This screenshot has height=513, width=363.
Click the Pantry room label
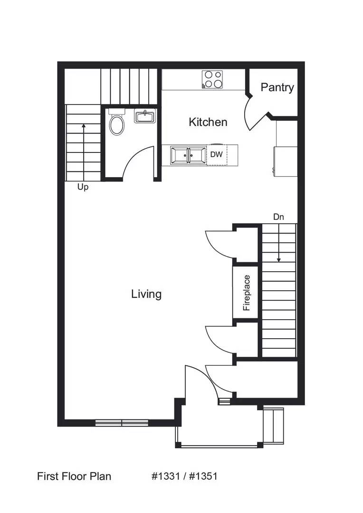click(277, 87)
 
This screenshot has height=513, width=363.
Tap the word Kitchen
click(208, 122)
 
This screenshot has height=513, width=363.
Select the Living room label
click(146, 294)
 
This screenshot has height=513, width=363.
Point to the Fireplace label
click(246, 293)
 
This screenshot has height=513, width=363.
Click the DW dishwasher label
click(217, 154)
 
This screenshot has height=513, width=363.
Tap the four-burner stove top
click(212, 79)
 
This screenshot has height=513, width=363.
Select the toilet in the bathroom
click(116, 123)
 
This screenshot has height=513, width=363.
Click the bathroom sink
click(145, 116)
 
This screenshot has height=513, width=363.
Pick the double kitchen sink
click(189, 155)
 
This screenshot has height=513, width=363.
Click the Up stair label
click(83, 187)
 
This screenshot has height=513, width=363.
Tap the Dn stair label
click(278, 217)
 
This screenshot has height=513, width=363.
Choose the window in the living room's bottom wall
click(122, 422)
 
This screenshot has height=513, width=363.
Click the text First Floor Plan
click(74, 476)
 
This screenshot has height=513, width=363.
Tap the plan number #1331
click(165, 476)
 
